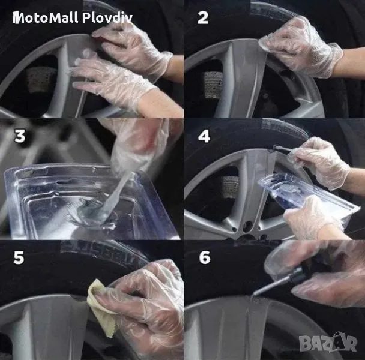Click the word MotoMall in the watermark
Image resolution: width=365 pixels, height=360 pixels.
(x=45, y=17)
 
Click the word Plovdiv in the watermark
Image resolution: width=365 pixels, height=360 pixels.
(x=107, y=17)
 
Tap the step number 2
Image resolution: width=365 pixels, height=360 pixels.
(x=203, y=18)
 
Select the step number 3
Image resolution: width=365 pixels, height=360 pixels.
(x=20, y=136)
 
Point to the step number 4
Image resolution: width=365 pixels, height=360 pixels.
(x=204, y=136)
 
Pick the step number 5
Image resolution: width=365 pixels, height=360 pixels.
(x=19, y=257)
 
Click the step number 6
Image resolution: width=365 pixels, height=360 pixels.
(x=205, y=257)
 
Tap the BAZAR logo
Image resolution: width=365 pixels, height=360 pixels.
(x=328, y=341)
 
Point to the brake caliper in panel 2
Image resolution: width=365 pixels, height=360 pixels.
(x=213, y=85)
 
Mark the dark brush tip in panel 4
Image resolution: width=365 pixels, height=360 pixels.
(x=280, y=148)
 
